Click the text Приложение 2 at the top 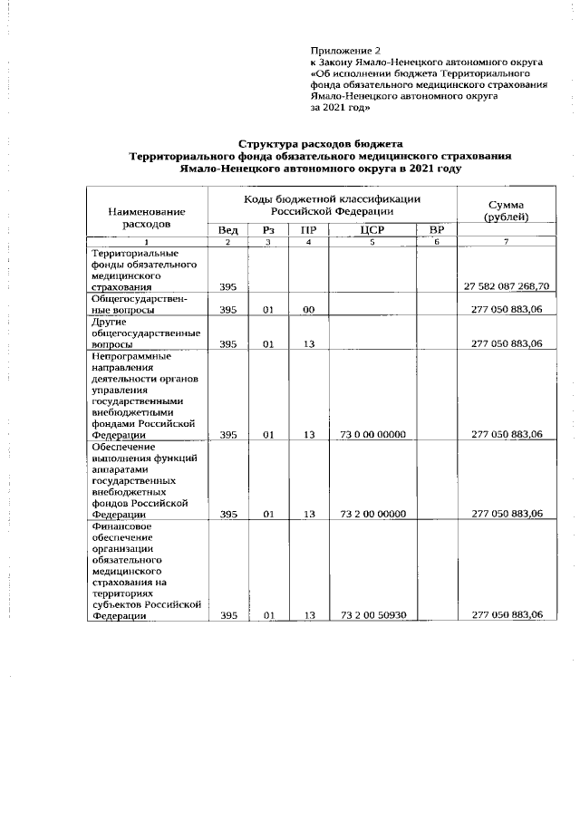click(x=347, y=50)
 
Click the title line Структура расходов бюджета click(x=321, y=144)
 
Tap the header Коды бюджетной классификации click(x=332, y=204)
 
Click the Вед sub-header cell click(x=228, y=230)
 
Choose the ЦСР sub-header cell click(x=372, y=230)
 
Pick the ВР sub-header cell click(x=437, y=230)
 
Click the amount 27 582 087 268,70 click(x=506, y=287)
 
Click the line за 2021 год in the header click(x=341, y=106)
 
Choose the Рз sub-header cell click(x=268, y=230)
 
